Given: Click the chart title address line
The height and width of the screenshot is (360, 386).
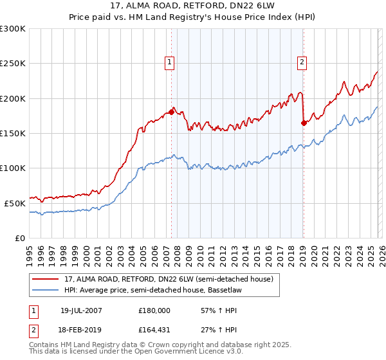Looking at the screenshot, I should point(193,6).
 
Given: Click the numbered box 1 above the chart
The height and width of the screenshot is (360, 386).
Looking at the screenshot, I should point(169,62).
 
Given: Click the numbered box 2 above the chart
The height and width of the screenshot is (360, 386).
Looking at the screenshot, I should point(302,62).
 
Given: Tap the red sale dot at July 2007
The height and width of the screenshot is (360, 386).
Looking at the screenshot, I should point(171,113).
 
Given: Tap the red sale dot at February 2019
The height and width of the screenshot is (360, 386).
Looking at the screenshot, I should point(303,123).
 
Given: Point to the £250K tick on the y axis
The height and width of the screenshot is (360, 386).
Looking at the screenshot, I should point(13,64).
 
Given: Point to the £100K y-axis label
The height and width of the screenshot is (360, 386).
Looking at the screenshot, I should point(13,168).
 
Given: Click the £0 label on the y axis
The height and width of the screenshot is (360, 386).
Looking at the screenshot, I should point(19,237).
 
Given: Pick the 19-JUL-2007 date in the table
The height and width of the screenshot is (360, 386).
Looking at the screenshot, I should point(81,310).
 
